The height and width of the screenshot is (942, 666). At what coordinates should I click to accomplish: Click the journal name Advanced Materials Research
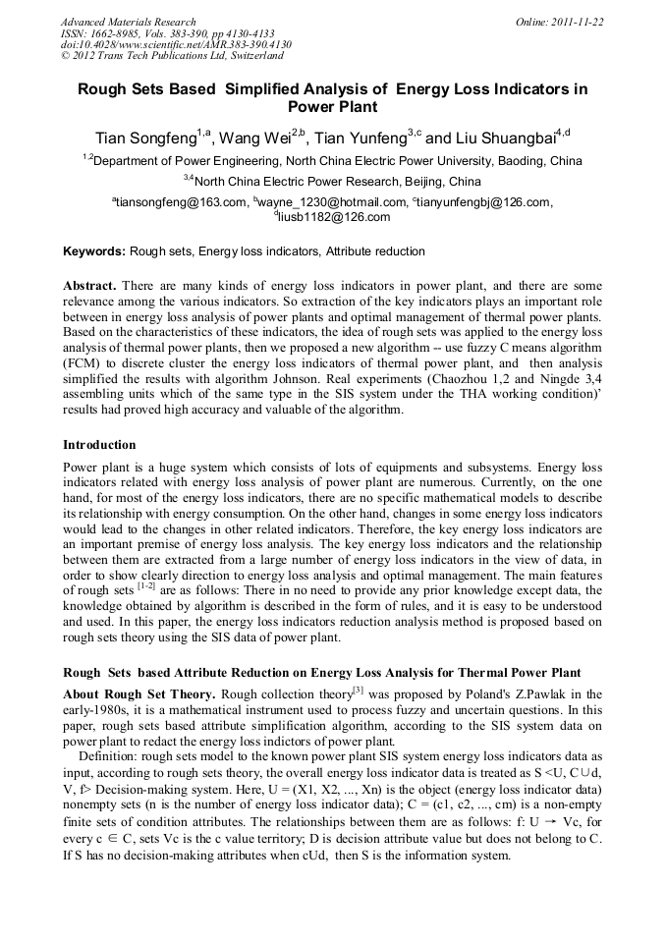(128, 22)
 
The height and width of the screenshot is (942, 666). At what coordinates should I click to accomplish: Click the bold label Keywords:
(94, 251)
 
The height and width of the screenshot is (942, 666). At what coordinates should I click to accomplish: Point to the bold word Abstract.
(90, 285)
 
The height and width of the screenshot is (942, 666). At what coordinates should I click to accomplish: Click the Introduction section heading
(99, 445)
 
